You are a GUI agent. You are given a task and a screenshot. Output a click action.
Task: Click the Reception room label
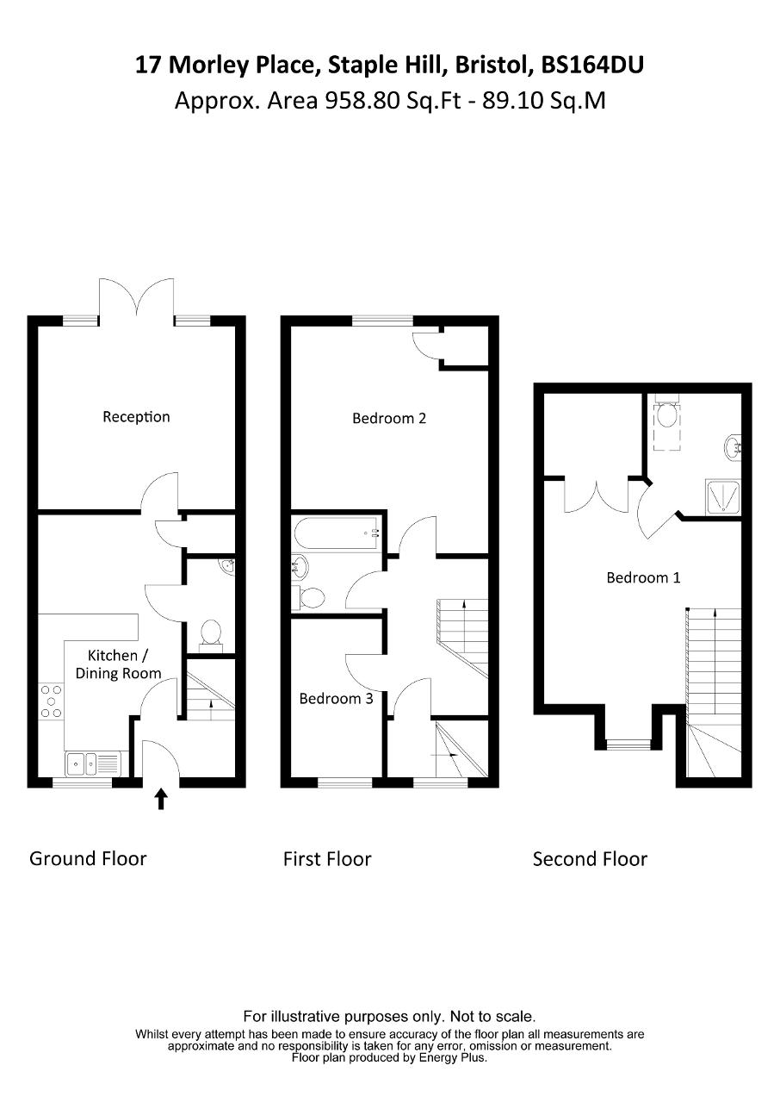pos(136,417)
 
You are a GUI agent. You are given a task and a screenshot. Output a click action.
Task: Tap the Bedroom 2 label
pos(389,419)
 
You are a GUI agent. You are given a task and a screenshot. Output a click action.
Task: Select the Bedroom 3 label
pos(336,699)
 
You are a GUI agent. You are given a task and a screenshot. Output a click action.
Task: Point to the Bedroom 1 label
pos(643,577)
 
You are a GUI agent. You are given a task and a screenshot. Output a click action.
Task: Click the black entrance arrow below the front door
pos(161,799)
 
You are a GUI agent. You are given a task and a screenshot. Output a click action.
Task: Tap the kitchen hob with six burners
pos(51,701)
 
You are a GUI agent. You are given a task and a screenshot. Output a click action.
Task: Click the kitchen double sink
pos(92,763)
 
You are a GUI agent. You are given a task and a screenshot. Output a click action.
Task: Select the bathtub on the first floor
pos(337,533)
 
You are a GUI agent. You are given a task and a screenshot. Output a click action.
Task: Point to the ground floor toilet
pos(210,635)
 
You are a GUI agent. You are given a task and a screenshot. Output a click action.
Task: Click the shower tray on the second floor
pos(723,497)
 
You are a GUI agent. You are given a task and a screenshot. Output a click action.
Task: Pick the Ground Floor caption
pos(88,859)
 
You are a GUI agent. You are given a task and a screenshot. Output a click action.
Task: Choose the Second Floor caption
pos(590,859)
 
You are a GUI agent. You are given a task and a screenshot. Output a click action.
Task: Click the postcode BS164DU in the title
pos(592,65)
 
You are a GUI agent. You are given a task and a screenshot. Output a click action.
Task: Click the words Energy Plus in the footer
pos(453,1057)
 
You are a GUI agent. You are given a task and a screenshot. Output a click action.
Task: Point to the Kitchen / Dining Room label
pos(118,664)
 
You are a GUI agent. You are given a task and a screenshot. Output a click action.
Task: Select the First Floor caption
pos(327,859)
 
